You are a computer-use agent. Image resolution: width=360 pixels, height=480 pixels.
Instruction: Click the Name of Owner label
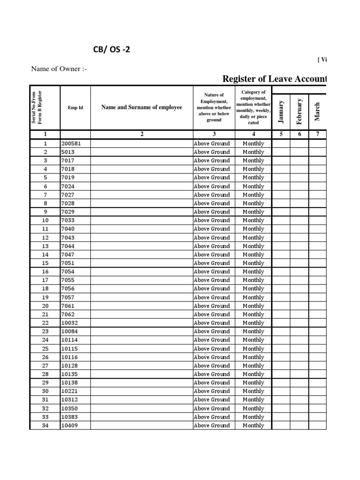click(59, 69)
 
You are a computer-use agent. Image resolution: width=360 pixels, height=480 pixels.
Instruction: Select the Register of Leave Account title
click(274, 79)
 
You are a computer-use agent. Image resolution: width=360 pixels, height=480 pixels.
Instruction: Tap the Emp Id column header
click(75, 107)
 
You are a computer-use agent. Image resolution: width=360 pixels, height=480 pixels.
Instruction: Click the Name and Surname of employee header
click(142, 107)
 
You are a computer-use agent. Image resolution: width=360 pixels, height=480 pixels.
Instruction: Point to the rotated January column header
click(281, 112)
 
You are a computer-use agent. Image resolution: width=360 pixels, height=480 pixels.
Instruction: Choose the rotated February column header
click(299, 112)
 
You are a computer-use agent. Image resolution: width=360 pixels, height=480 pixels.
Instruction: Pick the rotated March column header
click(317, 112)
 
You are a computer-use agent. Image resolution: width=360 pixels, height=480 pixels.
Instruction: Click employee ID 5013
click(67, 152)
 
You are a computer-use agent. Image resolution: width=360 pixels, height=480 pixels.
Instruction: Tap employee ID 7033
click(67, 220)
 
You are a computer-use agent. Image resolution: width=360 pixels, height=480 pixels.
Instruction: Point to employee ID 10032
click(69, 323)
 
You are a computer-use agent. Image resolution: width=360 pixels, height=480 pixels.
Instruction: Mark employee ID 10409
click(69, 426)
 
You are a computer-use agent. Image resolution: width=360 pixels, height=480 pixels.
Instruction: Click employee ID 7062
click(67, 315)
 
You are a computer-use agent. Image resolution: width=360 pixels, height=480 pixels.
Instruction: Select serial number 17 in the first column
click(45, 280)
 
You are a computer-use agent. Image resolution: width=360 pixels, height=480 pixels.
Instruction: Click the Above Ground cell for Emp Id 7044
click(212, 246)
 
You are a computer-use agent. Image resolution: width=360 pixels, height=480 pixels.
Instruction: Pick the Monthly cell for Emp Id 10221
click(253, 391)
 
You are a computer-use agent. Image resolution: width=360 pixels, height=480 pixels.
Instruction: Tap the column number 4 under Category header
click(253, 134)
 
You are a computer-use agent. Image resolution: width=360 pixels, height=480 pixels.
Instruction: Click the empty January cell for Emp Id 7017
click(281, 161)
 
